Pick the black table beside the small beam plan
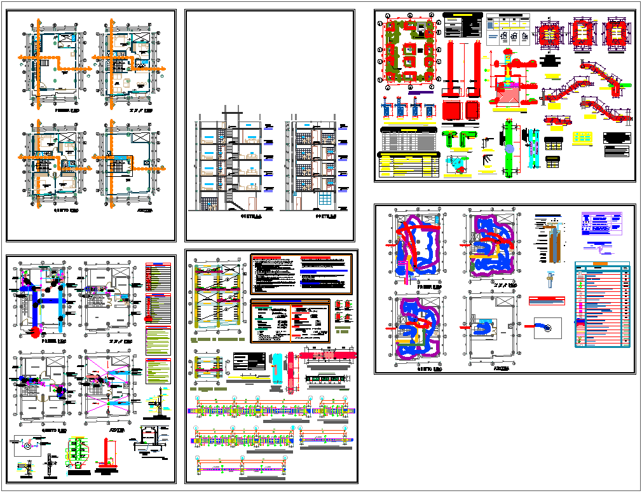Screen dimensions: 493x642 point(248,360)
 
